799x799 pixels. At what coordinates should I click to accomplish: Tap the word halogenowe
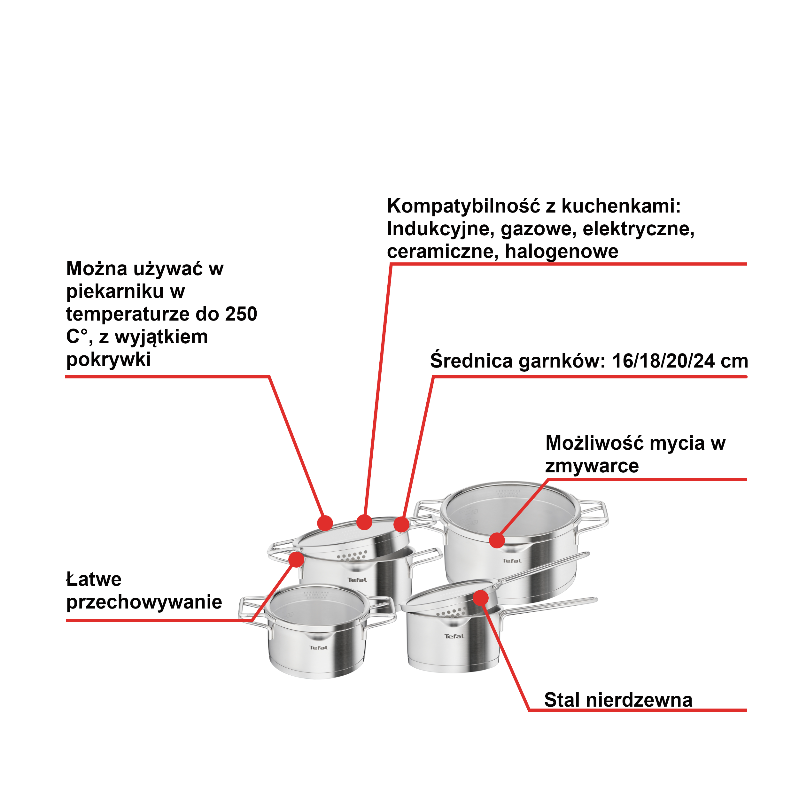[561, 252]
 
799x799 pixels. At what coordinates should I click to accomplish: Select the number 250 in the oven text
[241, 314]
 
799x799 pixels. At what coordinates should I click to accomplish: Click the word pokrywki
[108, 359]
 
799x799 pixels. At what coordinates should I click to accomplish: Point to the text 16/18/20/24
[663, 361]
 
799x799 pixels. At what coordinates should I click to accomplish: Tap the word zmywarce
[592, 466]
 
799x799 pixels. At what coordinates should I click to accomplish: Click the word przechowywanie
[144, 602]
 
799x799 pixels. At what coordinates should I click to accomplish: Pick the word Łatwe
[94, 579]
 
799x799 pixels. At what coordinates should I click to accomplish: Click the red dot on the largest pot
[497, 540]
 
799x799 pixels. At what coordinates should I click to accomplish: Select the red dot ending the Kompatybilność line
[364, 522]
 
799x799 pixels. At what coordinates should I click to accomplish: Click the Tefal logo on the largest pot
[512, 561]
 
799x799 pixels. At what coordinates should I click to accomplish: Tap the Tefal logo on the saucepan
[454, 636]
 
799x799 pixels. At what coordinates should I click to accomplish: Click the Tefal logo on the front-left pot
[318, 648]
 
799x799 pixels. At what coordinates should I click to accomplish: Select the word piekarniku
[115, 291]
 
